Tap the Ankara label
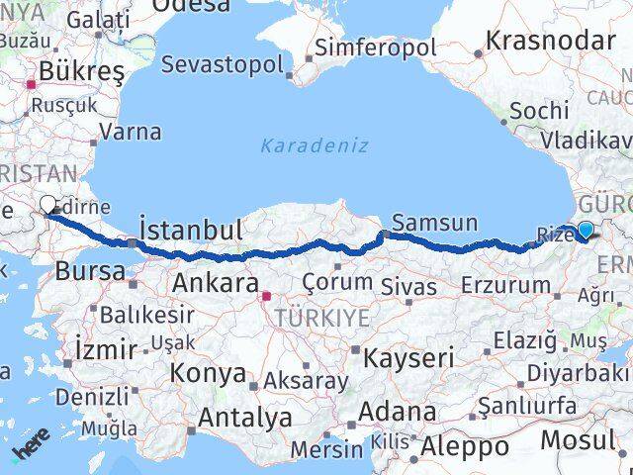click(216, 283)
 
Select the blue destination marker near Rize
click(586, 232)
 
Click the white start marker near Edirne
click(47, 205)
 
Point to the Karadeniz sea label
click(315, 145)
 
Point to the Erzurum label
click(505, 286)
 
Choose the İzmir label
click(106, 347)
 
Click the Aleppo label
click(465, 446)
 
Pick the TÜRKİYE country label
click(323, 318)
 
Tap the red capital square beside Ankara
click(264, 295)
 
